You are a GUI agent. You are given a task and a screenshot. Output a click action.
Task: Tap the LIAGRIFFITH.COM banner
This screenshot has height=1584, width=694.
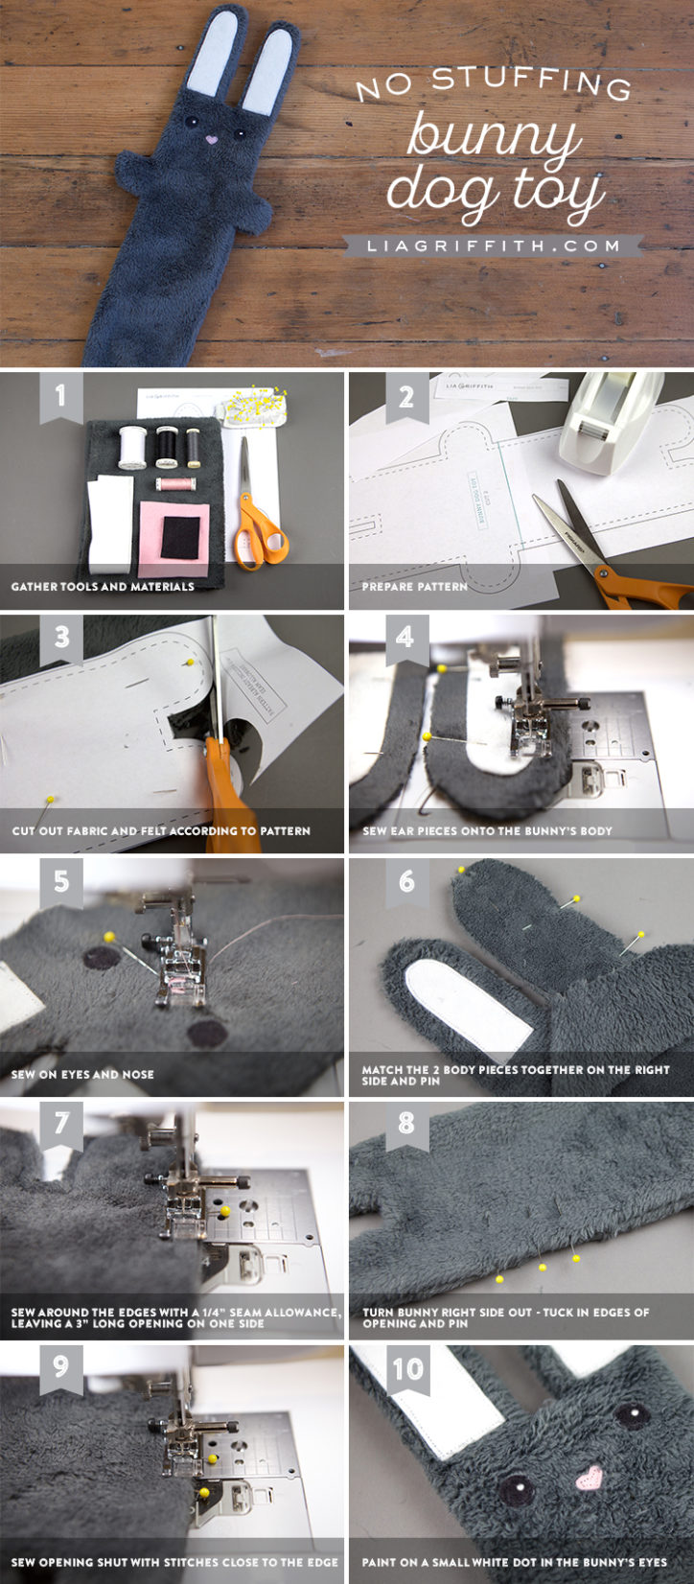click(x=494, y=246)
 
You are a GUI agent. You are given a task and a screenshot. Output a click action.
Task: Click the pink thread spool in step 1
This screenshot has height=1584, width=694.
click(x=175, y=484)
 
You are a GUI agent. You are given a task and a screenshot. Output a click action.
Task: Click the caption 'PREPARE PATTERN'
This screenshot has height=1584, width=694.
click(x=414, y=586)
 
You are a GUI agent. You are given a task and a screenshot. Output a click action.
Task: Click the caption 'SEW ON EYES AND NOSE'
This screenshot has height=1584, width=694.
click(x=82, y=1074)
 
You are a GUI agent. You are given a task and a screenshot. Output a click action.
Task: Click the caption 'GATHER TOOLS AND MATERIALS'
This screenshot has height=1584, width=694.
click(x=103, y=586)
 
